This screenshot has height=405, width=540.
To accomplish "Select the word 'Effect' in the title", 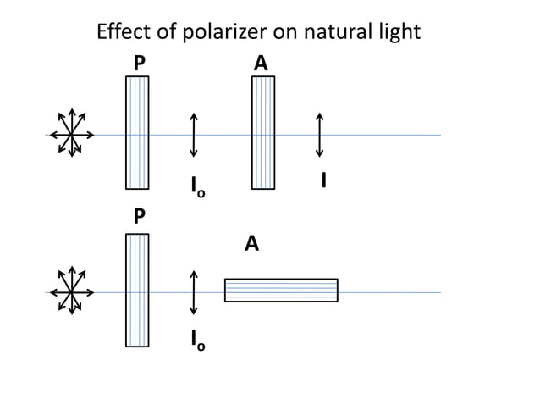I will (123, 32).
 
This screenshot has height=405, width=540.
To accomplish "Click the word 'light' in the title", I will (397, 33).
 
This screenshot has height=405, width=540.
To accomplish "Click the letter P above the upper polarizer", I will (138, 64).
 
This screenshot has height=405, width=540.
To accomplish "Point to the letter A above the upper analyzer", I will (262, 64).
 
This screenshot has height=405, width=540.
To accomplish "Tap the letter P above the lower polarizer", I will (138, 217).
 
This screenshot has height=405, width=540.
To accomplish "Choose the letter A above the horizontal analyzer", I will (251, 244).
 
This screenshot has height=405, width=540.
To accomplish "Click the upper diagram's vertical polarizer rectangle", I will (137, 132).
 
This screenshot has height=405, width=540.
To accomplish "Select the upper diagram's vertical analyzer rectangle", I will (263, 132).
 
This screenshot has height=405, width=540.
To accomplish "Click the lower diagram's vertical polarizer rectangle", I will (137, 290).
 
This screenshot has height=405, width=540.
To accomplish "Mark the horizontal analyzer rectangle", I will (281, 290).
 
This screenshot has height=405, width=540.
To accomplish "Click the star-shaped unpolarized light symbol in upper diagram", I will (71, 133).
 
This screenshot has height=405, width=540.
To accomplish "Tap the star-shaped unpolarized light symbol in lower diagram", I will (71, 291).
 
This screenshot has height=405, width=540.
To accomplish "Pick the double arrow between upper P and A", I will (194, 134).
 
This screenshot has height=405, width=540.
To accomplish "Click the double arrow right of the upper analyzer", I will (320, 134).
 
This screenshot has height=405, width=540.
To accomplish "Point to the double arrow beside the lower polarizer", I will (194, 292).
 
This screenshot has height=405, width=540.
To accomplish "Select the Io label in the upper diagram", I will (196, 186).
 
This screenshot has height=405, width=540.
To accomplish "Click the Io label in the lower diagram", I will (196, 341).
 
